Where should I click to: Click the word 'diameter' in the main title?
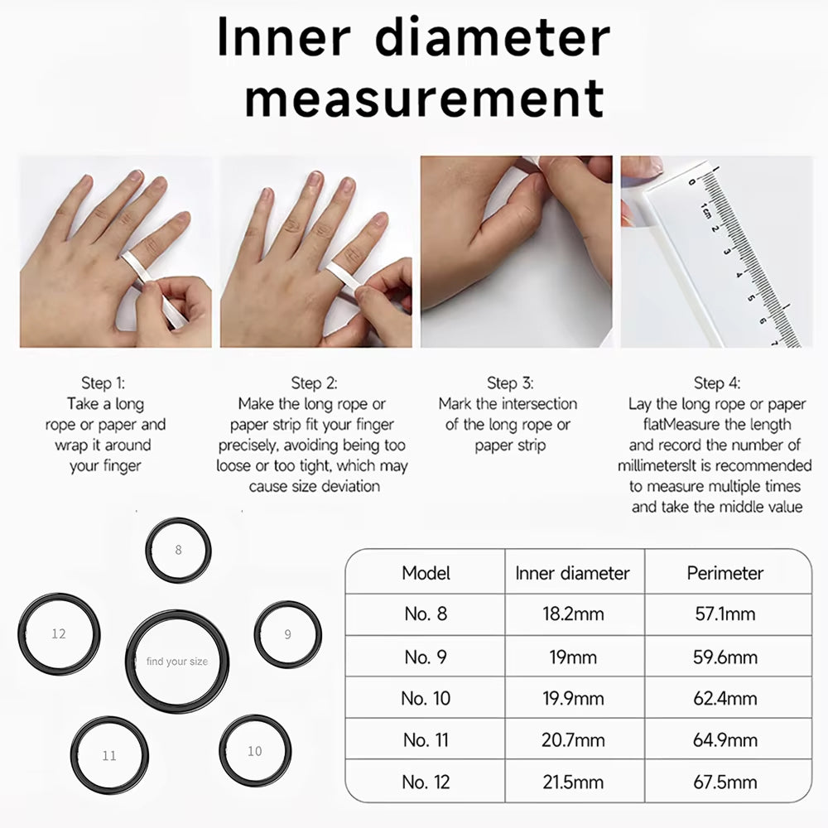(492, 37)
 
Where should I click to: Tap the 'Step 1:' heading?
(103, 383)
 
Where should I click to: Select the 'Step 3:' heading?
(510, 383)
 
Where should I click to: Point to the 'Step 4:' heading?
(717, 383)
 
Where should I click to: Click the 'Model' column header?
(426, 573)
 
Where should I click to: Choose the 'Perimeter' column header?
(725, 573)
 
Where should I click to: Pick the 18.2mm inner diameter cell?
(573, 614)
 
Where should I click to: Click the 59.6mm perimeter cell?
(725, 657)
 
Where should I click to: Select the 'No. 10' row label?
(426, 698)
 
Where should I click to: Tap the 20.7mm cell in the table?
(573, 739)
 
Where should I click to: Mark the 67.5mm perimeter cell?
(725, 782)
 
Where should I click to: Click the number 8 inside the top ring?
(179, 550)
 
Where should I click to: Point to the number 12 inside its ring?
(59, 633)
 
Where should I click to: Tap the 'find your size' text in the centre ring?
(177, 661)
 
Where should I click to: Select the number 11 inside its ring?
(109, 756)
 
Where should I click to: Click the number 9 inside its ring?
(288, 634)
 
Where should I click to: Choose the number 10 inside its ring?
(254, 751)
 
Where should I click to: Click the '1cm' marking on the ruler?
(705, 210)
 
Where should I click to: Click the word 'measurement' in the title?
(425, 99)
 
